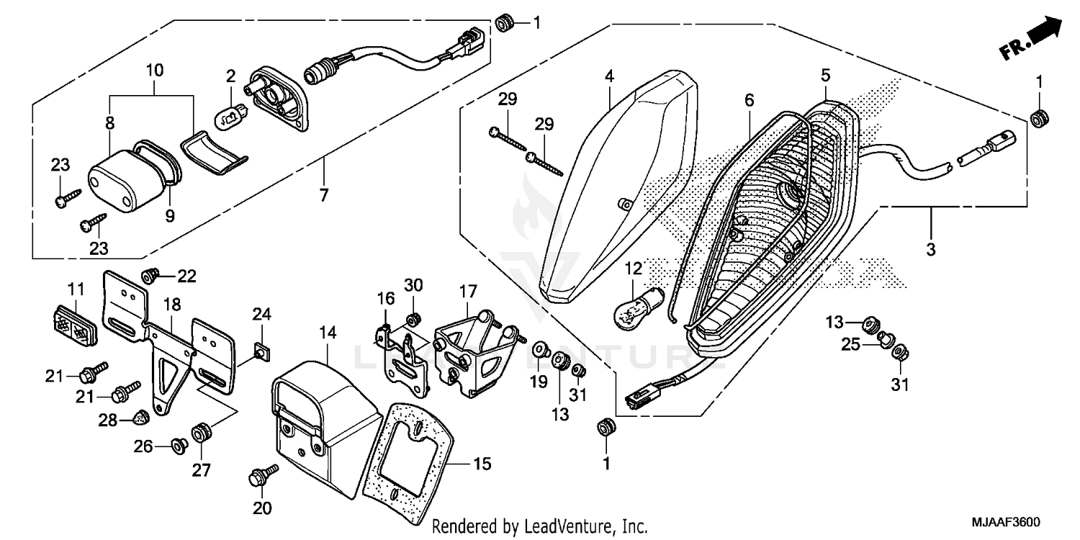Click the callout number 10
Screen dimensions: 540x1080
pos(155,71)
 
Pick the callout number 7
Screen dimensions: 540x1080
pos(323,174)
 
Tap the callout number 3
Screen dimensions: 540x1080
pos(930,250)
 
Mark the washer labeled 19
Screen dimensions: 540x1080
pos(539,351)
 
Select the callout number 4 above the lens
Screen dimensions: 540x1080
pos(609,76)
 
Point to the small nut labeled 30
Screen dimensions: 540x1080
pos(413,319)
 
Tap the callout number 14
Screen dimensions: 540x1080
pos(328,333)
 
